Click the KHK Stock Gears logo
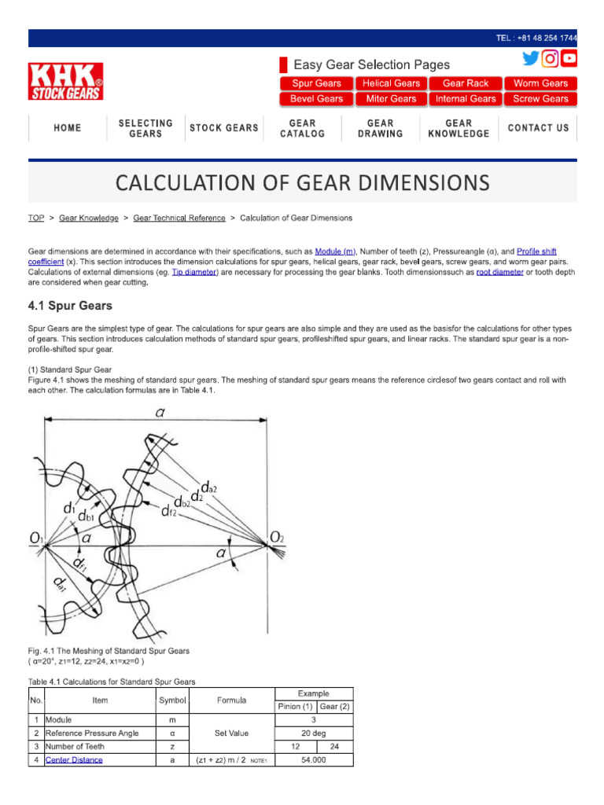[66, 82]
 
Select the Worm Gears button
[540, 83]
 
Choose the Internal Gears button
[466, 99]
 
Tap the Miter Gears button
[391, 99]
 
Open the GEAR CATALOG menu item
[302, 128]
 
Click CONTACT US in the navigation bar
[538, 128]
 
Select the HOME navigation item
[68, 128]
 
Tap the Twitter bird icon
[531, 58]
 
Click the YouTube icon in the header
[569, 58]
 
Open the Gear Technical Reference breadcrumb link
[179, 218]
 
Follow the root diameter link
[499, 272]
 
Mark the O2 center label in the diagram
[277, 538]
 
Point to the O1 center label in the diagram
[36, 538]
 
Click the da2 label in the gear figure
[208, 488]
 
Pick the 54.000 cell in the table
[313, 760]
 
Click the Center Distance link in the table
[74, 760]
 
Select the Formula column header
[231, 700]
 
